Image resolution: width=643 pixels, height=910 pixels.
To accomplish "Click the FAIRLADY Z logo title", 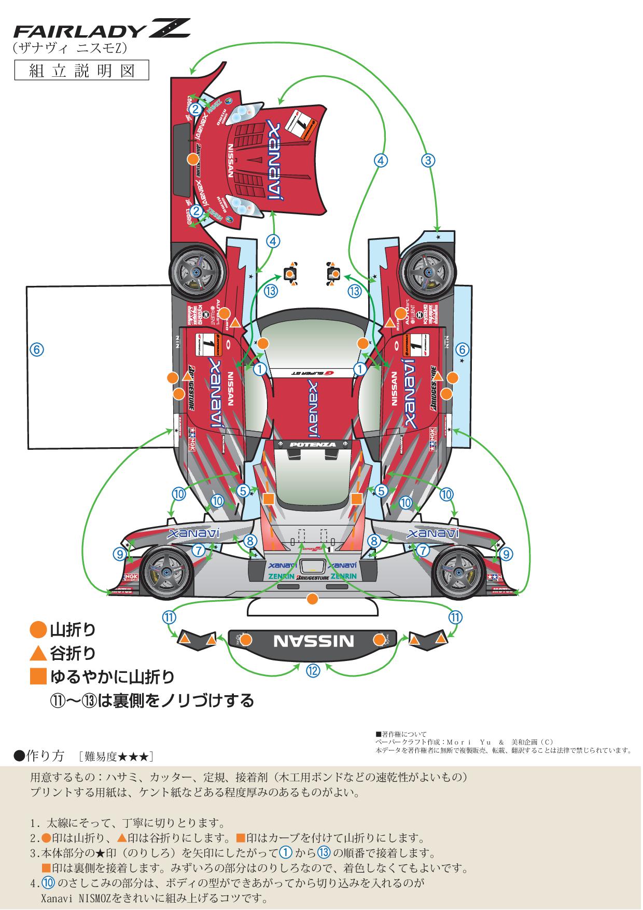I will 102,30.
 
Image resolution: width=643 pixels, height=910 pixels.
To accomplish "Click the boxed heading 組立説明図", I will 81,70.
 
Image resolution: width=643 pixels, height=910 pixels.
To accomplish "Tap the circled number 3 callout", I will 428,160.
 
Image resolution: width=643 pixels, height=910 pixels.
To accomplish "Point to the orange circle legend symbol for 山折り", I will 38,630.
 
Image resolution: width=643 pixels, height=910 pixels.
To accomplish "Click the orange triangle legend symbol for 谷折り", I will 38,653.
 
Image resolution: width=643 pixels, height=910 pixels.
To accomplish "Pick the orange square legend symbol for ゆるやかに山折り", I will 38,677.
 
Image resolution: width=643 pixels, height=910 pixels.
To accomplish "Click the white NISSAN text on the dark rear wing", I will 313,640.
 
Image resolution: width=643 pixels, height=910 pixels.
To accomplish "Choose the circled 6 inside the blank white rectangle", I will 36,350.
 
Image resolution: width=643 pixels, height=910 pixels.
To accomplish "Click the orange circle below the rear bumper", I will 312,599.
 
